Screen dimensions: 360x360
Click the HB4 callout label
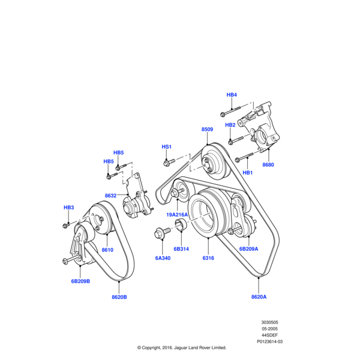coord(232,95)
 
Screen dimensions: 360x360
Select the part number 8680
coord(268,164)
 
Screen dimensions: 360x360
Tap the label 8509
coord(207,130)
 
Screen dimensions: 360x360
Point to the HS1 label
coord(167,147)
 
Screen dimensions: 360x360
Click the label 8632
coord(110,196)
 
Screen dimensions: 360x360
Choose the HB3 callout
coord(68,208)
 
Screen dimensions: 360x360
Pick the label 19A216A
coord(178,214)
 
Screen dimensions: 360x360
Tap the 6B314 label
coord(181,248)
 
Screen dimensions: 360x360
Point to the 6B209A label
coord(248,248)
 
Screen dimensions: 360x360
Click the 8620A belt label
coord(259,296)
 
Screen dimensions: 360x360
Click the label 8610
coord(107,250)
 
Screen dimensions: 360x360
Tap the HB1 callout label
coord(247,173)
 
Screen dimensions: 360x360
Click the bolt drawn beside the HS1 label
coord(169,161)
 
